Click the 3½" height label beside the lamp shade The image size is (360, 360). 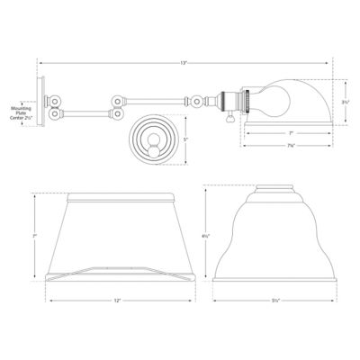tap(346, 103)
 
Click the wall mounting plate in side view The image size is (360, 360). tap(41, 102)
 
